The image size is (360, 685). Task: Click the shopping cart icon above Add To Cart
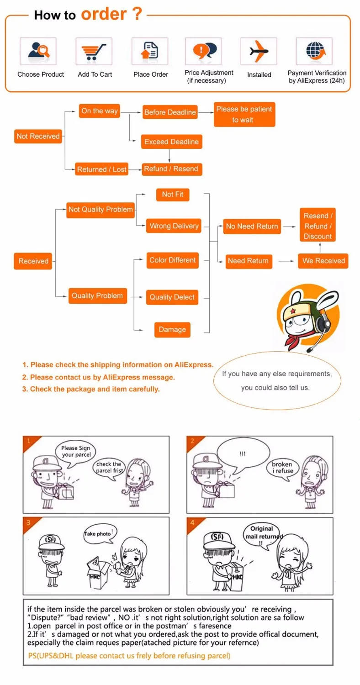[x=94, y=51]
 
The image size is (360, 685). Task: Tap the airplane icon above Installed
[x=259, y=51]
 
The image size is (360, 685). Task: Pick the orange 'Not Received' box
[x=38, y=136]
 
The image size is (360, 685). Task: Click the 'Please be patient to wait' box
[x=244, y=114]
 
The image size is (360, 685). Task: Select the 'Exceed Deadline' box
[x=171, y=142]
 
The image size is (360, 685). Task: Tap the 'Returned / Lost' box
[x=101, y=169]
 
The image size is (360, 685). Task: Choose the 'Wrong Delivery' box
[x=174, y=226]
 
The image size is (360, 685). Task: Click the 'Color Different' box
[x=172, y=260]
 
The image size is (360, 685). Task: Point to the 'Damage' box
[x=172, y=329]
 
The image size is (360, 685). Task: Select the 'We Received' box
[x=323, y=261]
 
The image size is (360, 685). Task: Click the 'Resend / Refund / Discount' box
[x=318, y=226]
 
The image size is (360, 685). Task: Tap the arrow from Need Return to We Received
[x=286, y=261]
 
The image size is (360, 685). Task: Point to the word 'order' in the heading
[x=104, y=14]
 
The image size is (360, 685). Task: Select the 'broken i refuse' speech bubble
[x=282, y=467]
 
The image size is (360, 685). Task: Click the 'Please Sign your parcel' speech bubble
[x=76, y=452]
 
